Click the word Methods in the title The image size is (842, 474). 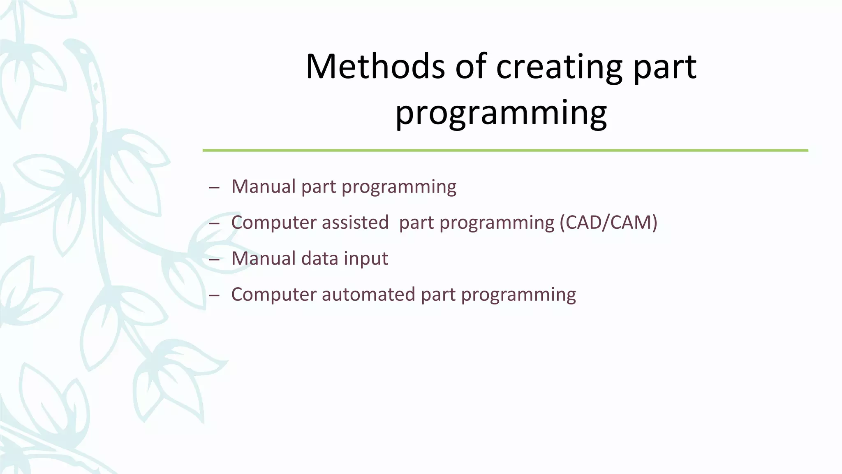(x=375, y=67)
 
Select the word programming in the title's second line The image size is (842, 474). (x=501, y=113)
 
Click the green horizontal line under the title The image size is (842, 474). (x=505, y=151)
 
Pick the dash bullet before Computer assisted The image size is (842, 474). (x=214, y=224)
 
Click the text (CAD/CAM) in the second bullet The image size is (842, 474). (x=608, y=223)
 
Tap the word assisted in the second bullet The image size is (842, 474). (x=355, y=223)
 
